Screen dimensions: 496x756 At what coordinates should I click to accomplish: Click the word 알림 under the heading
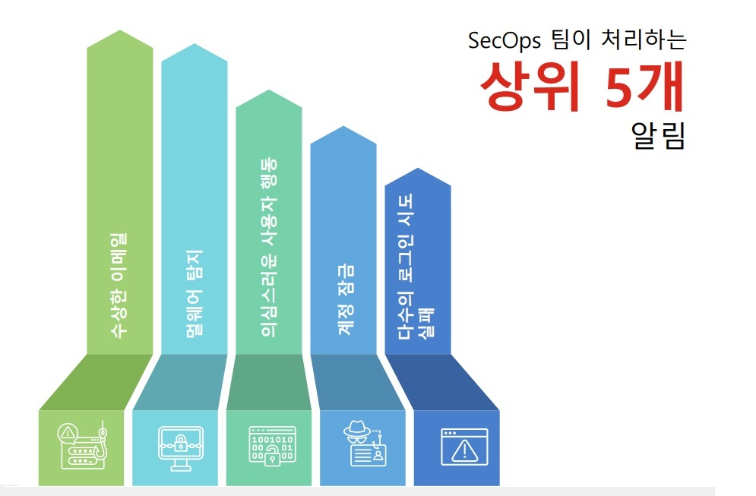[658, 137]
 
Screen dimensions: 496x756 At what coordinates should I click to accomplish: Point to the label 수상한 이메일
[119, 283]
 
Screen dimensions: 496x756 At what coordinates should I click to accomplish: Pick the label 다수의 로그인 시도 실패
[417, 266]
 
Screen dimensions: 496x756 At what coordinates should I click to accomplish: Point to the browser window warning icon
[463, 447]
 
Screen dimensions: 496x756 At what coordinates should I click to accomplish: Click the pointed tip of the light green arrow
[120, 32]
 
